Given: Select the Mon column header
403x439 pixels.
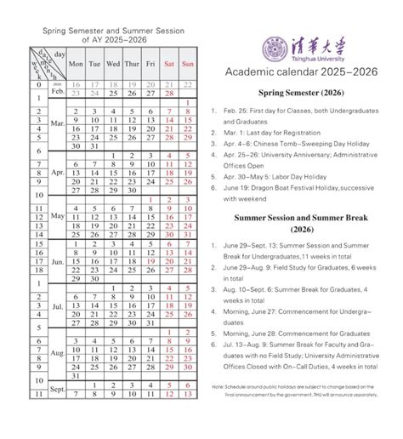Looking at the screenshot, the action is (77, 64).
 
